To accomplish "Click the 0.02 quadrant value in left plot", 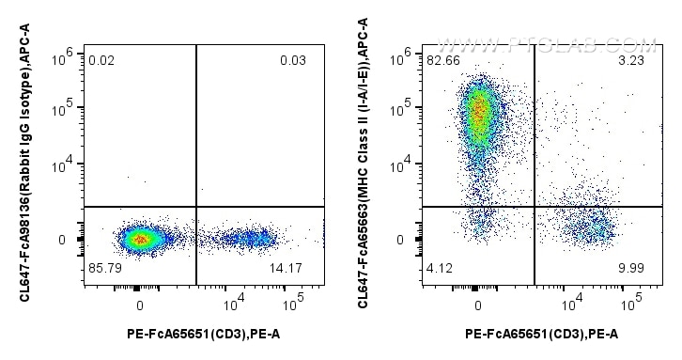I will click(x=102, y=61).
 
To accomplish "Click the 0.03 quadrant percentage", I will click(x=293, y=61).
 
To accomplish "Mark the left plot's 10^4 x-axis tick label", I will click(x=235, y=307).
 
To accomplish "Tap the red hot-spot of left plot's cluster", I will click(x=140, y=240).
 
